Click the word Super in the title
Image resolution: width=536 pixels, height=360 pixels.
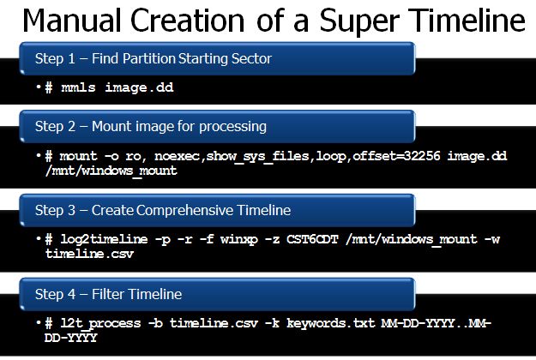coord(359,21)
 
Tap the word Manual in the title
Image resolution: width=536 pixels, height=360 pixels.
coord(72,21)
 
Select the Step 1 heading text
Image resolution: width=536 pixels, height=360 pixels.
coord(154,59)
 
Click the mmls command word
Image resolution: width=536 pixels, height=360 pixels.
coord(78,87)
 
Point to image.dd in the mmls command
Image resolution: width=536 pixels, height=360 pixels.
coord(139,87)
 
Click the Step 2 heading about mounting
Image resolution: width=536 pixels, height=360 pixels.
coord(151,127)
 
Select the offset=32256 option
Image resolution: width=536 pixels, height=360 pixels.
coord(396,156)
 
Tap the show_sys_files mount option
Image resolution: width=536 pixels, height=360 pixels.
coord(258,157)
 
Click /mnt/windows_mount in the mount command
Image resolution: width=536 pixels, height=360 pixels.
coord(111,171)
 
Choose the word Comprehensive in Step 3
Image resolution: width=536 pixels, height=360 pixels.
coord(184,210)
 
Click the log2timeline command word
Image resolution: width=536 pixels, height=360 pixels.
coord(104,239)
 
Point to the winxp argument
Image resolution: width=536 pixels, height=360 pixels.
coord(239,239)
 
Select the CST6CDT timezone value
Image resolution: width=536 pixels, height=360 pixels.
coord(312,239)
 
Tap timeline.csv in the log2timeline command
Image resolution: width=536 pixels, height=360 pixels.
coord(89,254)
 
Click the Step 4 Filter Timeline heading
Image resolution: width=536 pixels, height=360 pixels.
coord(108,294)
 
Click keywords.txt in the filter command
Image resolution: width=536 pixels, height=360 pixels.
coord(330,323)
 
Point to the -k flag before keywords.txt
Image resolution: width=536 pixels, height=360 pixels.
coord(273,323)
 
